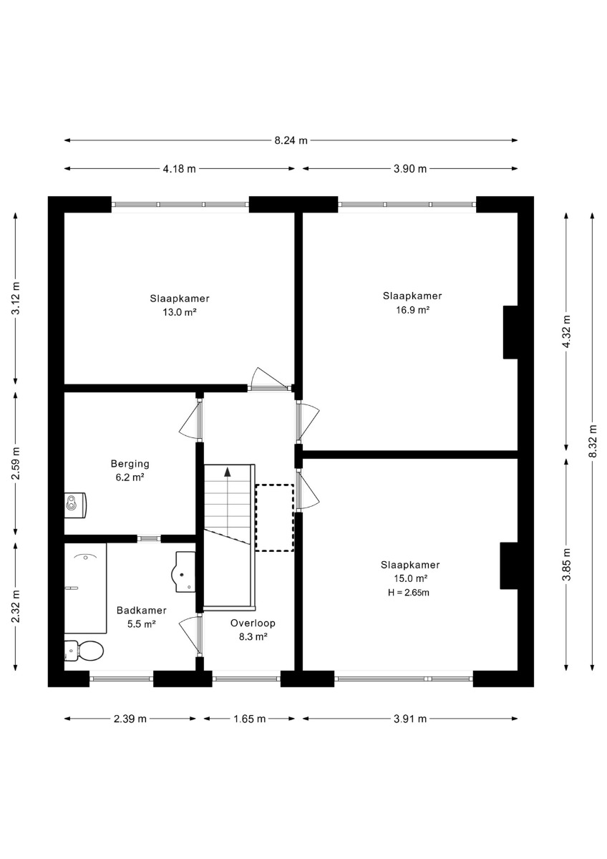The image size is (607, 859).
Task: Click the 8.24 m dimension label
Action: (x=291, y=140)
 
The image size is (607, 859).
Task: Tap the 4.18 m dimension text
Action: (x=179, y=169)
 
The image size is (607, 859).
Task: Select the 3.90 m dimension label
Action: (x=410, y=169)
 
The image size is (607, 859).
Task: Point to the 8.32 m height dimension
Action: (x=593, y=441)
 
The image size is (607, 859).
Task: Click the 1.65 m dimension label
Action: (x=250, y=719)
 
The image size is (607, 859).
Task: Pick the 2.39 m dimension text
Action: (x=130, y=719)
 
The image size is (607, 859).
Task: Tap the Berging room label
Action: (x=130, y=464)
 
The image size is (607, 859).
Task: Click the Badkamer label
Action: (x=142, y=610)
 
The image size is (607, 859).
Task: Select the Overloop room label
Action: (x=253, y=623)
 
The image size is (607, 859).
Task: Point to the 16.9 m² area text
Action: (x=412, y=310)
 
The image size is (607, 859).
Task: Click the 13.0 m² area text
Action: (x=180, y=312)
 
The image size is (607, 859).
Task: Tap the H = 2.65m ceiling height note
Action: (x=409, y=593)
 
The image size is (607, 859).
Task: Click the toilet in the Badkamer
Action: (x=84, y=651)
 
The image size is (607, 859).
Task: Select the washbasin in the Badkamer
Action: (x=184, y=572)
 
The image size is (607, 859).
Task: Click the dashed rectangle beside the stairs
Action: (x=275, y=518)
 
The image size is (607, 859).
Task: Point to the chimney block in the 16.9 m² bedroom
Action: (x=510, y=332)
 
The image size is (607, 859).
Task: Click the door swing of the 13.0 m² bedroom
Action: (x=268, y=378)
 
